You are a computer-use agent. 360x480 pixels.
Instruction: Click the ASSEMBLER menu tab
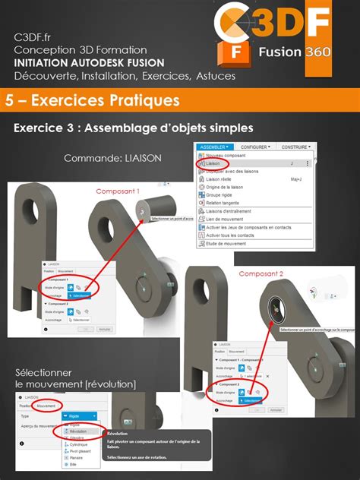tap(213, 147)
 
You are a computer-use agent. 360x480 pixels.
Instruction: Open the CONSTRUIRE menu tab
tap(297, 147)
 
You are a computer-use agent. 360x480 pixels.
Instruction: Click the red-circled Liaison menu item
tap(216, 163)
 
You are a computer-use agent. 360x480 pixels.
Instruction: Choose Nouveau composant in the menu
tap(227, 155)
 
